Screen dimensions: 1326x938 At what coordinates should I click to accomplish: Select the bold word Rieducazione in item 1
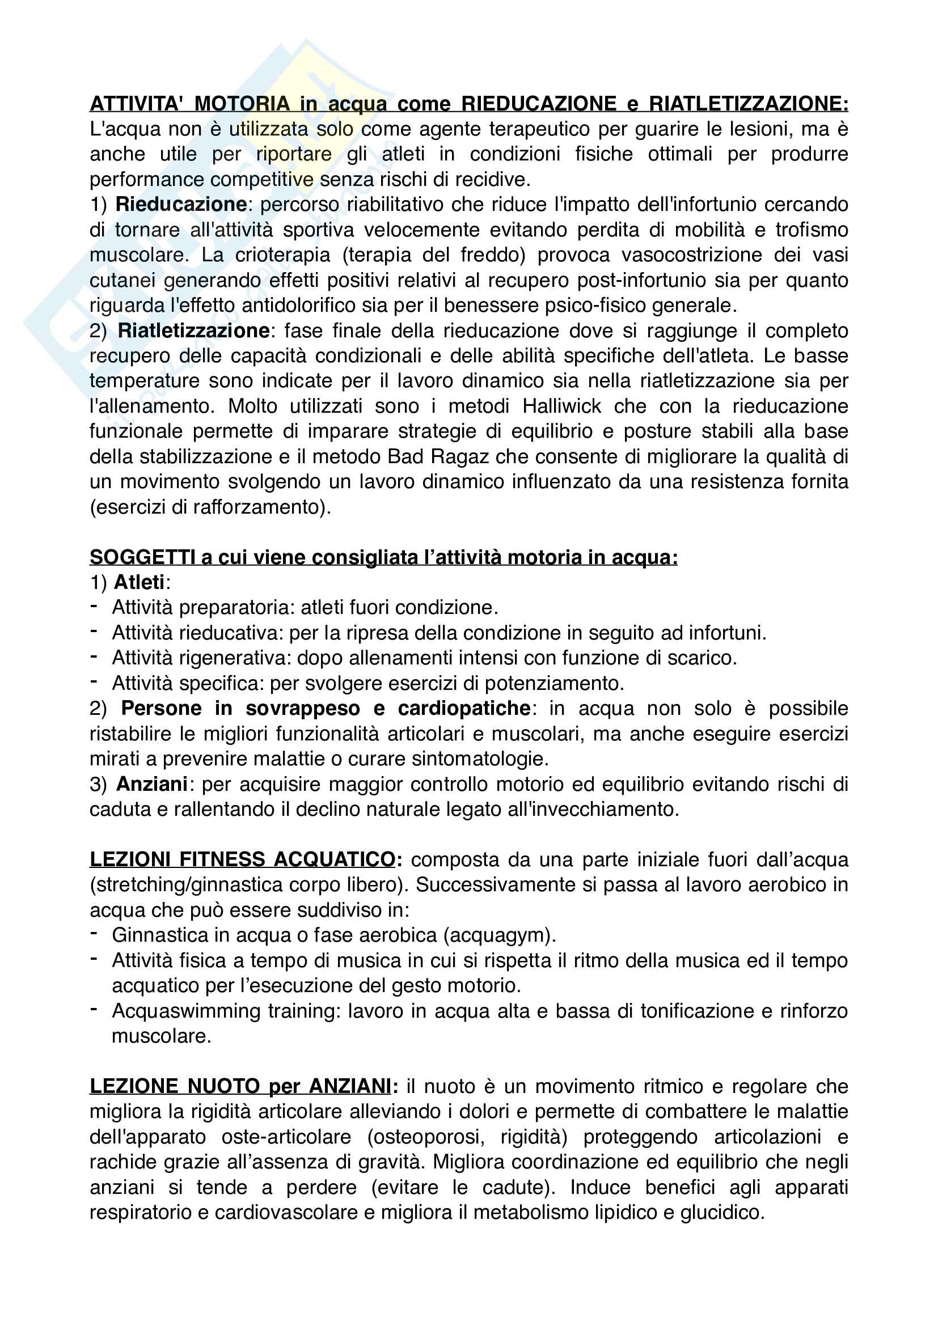tap(181, 205)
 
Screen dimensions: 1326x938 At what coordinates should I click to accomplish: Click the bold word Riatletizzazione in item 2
tap(193, 331)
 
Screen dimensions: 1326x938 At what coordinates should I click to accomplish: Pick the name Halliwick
tap(562, 406)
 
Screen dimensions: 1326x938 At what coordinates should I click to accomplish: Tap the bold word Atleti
tap(140, 582)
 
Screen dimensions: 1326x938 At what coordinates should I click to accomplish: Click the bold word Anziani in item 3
tap(152, 784)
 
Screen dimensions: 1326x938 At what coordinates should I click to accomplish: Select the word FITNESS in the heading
tap(223, 859)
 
